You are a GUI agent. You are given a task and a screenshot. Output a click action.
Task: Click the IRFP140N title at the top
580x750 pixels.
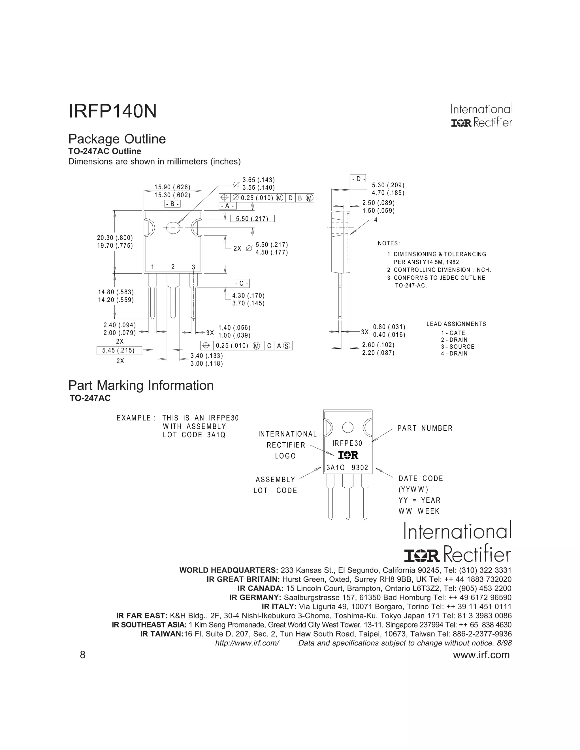tap(113, 111)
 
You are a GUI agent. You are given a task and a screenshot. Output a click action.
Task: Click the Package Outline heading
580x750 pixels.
tap(117, 139)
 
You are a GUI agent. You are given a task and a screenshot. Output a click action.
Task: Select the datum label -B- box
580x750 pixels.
tap(172, 204)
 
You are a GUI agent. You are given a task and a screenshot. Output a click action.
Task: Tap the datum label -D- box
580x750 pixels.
tap(358, 179)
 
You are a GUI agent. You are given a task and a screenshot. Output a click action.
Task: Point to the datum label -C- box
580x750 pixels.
tap(242, 283)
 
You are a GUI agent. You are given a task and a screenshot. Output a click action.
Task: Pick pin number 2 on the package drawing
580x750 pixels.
tap(173, 267)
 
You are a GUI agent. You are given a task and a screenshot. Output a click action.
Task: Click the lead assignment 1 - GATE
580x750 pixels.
tap(453, 333)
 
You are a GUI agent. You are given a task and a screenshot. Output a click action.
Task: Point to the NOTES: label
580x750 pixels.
tap(389, 243)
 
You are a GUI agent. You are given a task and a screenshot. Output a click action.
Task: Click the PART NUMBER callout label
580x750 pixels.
tap(425, 428)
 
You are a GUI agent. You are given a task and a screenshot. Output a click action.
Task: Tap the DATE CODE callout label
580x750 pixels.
tap(421, 478)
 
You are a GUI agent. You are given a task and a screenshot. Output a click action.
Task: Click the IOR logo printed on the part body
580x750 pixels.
tap(348, 455)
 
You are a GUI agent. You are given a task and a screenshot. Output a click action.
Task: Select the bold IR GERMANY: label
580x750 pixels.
tap(255, 597)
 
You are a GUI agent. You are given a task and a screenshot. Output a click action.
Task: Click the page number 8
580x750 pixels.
tap(82, 655)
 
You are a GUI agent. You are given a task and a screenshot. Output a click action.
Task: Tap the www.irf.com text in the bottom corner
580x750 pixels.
tap(481, 655)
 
